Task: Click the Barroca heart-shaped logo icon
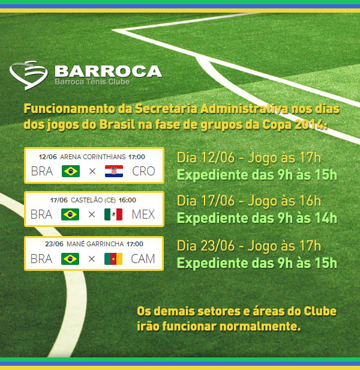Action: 28,75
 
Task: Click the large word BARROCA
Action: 109,71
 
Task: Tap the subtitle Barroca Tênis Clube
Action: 92,82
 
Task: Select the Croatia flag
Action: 114,171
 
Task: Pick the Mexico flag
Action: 113,214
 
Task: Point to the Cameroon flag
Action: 113,259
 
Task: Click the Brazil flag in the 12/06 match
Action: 71,171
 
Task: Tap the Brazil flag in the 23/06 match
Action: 70,259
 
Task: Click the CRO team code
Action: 143,171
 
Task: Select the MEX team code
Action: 143,214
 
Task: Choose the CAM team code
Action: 143,259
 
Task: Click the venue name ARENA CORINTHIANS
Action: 93,157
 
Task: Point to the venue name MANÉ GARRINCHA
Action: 95,244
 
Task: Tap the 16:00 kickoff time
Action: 127,200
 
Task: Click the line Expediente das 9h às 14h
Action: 257,218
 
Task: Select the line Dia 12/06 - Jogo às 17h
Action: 249,157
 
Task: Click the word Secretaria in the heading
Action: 166,109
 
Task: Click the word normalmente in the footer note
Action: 260,327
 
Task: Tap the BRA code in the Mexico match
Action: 41,214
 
